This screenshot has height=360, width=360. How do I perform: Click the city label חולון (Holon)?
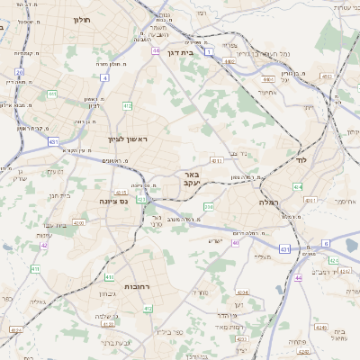(81, 19)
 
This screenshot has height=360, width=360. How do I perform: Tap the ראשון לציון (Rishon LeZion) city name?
(126, 139)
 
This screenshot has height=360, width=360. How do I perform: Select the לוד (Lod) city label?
(301, 159)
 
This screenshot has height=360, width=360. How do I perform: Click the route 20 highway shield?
(19, 71)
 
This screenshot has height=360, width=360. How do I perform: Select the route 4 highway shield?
(104, 78)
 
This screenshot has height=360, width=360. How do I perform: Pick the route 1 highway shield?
(209, 52)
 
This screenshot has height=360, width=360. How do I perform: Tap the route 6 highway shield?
(326, 243)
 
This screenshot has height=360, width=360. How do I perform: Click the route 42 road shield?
(43, 245)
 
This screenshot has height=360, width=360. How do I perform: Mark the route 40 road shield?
(235, 242)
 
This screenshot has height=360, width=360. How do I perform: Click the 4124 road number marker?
(15, 330)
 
